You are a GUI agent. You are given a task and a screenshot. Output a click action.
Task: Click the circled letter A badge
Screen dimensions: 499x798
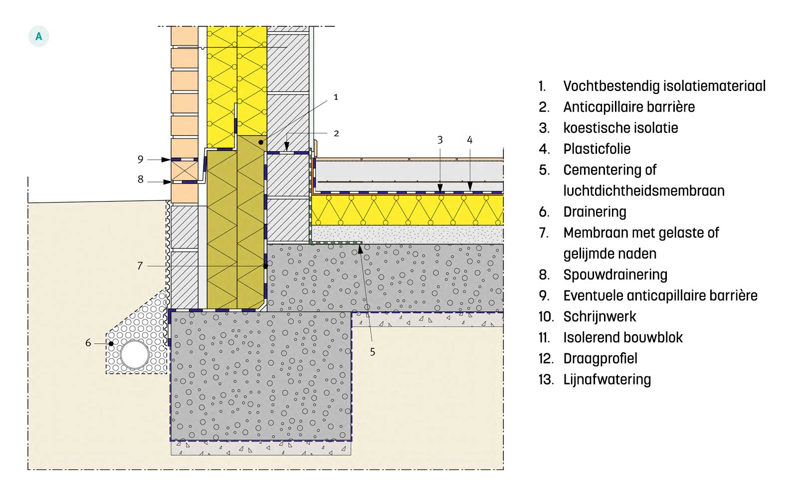point(38,37)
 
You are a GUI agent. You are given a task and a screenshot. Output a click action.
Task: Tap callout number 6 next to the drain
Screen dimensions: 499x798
point(88,343)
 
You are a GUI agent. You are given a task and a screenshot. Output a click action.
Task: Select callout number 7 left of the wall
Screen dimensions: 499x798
point(140,266)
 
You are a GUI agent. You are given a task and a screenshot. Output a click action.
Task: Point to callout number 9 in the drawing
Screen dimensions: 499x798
point(141,159)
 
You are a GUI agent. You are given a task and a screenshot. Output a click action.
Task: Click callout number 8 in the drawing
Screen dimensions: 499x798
point(141,179)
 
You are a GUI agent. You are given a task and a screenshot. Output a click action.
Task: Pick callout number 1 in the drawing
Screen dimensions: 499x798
point(336,97)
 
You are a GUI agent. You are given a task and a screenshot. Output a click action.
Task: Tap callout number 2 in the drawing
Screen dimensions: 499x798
point(336,133)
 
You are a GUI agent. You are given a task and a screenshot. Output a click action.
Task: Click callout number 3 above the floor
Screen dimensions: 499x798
point(440,140)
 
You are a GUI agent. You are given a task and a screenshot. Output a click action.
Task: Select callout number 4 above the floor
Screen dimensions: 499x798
point(469,140)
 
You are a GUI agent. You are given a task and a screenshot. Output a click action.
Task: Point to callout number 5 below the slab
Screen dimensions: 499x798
point(373,352)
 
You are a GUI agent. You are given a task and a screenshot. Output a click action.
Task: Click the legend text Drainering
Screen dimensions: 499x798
point(595,212)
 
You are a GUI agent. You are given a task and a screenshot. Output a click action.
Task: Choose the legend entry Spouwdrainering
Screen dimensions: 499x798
point(615,275)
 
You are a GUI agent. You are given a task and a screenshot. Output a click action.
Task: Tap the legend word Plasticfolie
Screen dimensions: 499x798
point(597,149)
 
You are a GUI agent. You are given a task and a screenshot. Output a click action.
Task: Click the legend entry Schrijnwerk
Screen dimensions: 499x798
point(599,317)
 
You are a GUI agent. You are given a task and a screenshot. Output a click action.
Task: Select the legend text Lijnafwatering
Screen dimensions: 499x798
point(607,380)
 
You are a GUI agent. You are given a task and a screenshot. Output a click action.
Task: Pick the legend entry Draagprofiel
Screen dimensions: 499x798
point(600,359)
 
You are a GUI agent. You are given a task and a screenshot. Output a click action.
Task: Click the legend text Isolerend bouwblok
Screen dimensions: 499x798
point(623,338)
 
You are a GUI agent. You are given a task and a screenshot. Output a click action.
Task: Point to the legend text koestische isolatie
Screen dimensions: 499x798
point(620,128)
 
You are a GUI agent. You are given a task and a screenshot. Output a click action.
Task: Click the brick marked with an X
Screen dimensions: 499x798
point(185,171)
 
